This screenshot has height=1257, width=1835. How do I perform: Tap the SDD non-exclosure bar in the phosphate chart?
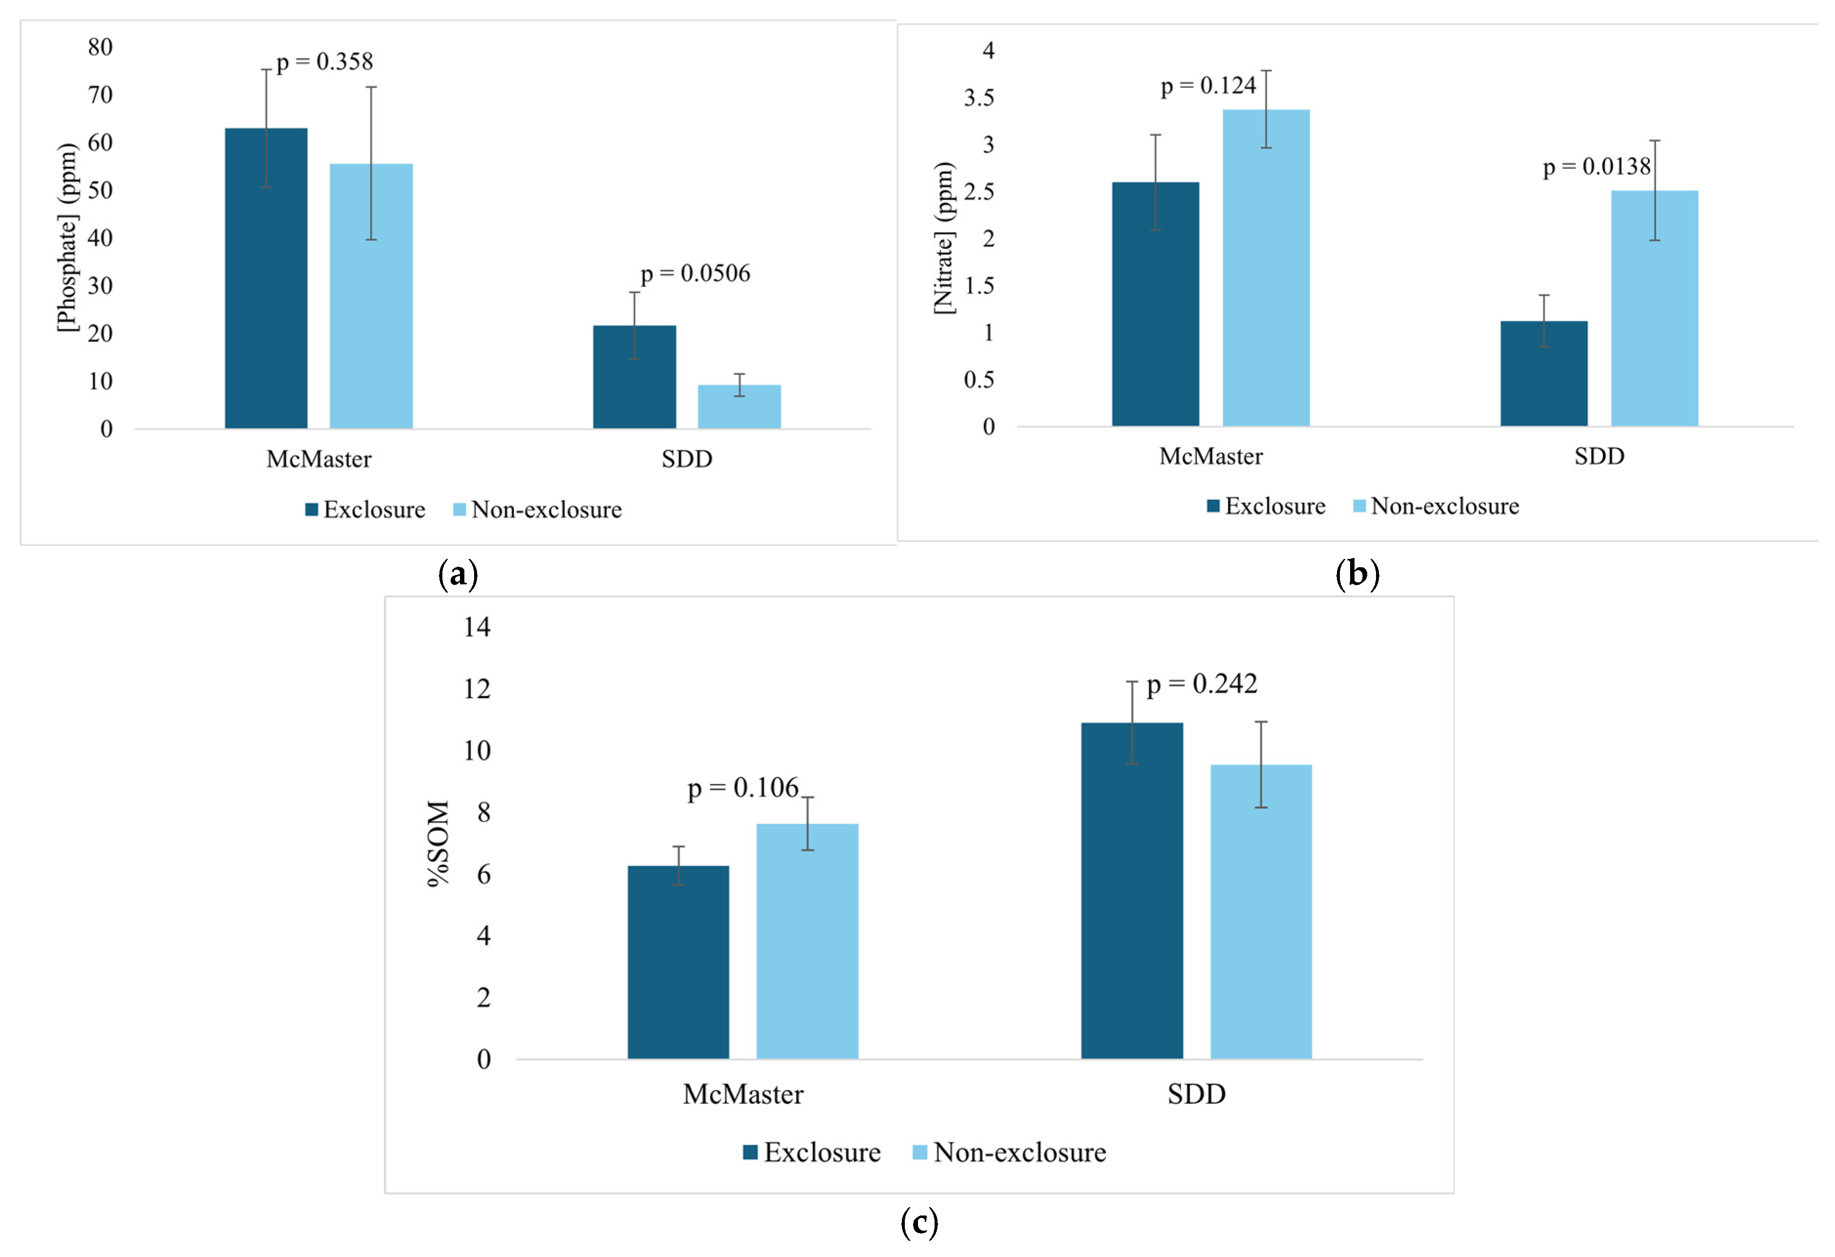pyautogui.click(x=739, y=408)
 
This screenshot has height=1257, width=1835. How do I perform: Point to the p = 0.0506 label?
pyautogui.click(x=695, y=274)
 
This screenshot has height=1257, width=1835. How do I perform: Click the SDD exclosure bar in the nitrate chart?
pyautogui.click(x=1543, y=374)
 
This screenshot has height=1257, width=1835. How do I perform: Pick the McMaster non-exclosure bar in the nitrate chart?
pyautogui.click(x=1266, y=268)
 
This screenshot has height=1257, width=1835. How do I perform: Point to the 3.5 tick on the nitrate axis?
pyautogui.click(x=979, y=98)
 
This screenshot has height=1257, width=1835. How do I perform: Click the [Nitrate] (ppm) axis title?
pyautogui.click(x=944, y=238)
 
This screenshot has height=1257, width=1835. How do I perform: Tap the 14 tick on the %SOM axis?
pyautogui.click(x=477, y=628)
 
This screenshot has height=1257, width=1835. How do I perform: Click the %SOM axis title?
pyautogui.click(x=438, y=843)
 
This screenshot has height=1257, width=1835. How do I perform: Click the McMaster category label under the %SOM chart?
pyautogui.click(x=743, y=1094)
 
